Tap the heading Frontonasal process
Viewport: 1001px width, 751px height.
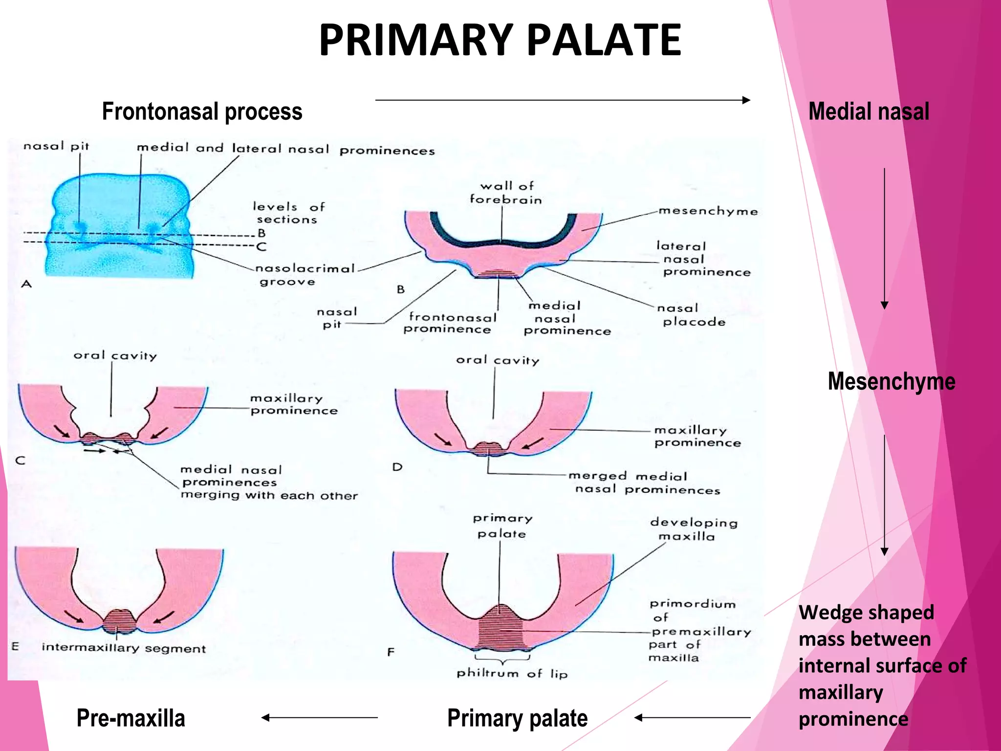coord(202,111)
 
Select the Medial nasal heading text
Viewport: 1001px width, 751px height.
coord(869,111)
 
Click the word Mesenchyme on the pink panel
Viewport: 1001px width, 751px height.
coord(891,381)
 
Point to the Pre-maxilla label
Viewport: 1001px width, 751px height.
coord(131,718)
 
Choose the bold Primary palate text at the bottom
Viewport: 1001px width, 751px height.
coord(517,718)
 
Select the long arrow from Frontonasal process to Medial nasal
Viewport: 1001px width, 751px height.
coord(562,100)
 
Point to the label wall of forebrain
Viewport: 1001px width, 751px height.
coord(506,193)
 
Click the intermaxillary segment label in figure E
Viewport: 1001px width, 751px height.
coord(124,648)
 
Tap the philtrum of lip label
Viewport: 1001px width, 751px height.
coord(512,674)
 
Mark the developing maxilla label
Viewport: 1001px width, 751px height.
coord(693,530)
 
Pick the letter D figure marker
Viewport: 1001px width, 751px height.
coord(397,467)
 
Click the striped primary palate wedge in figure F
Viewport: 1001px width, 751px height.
coord(500,631)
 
